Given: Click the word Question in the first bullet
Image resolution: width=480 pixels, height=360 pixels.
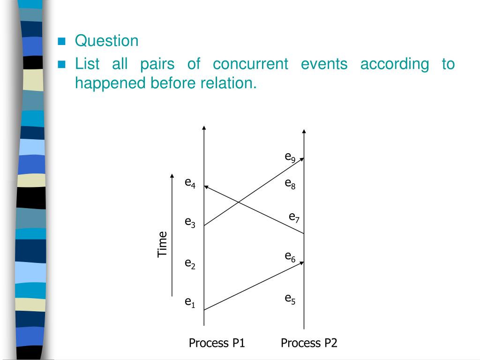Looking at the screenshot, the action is [107, 41].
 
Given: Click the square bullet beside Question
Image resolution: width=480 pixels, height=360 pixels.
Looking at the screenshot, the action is [61, 42].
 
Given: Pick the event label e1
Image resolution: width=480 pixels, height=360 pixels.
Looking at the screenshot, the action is [190, 303].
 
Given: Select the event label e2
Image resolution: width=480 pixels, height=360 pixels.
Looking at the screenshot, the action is [190, 264].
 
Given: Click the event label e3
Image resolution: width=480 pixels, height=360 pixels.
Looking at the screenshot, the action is [190, 223].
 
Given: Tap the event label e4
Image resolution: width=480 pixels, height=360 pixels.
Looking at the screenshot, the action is [190, 182].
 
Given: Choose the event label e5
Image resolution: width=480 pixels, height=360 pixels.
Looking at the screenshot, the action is [290, 298].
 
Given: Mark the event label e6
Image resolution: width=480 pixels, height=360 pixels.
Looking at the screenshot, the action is [290, 256].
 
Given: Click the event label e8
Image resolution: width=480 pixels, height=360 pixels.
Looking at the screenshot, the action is [290, 184].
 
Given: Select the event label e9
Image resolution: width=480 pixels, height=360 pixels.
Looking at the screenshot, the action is [290, 157].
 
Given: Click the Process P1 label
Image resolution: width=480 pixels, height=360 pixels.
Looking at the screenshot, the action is [217, 343].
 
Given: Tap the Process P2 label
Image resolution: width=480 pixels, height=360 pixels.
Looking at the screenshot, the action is [309, 343].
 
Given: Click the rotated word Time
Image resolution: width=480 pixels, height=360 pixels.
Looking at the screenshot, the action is [162, 244].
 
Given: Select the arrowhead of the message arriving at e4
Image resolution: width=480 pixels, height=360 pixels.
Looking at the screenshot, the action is [206, 187].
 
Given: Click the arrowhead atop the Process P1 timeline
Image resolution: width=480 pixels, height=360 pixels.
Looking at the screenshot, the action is [204, 127].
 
